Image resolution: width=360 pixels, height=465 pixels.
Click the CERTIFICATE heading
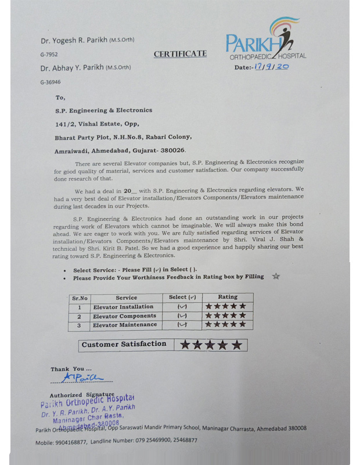point(180,54)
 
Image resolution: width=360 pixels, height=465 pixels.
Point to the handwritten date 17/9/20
point(271,67)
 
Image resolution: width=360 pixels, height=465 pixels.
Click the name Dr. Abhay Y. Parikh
point(72,67)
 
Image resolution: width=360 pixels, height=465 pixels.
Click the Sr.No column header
point(79,298)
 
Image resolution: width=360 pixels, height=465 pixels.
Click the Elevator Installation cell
point(123,306)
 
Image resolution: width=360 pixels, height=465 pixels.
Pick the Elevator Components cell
point(124,316)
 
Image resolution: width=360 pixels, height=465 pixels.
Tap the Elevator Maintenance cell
point(125,325)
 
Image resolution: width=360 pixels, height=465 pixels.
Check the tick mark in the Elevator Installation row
point(182,307)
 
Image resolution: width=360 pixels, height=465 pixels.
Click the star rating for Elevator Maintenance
point(225,325)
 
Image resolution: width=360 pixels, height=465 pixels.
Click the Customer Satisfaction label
point(124,344)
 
